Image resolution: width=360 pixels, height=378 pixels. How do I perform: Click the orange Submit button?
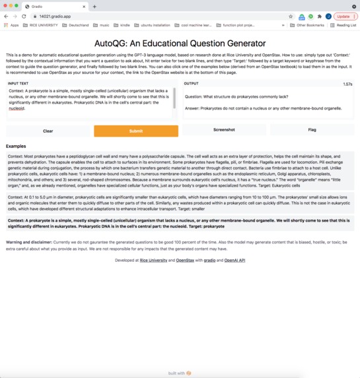135,131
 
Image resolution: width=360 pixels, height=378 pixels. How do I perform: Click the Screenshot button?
224,130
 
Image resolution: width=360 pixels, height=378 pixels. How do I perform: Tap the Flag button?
312,130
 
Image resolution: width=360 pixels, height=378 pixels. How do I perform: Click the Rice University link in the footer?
153,261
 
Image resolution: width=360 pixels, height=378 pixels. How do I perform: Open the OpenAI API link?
234,261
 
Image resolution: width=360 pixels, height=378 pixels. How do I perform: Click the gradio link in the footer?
209,261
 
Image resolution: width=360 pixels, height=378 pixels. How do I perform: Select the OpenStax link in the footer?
185,261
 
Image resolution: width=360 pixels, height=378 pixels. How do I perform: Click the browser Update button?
344,16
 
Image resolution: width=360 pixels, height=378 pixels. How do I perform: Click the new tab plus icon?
94,6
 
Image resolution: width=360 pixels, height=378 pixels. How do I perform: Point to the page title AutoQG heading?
180,42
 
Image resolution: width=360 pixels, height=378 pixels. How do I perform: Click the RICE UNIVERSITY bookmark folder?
39,25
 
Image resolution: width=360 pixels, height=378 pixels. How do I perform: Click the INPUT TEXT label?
18,84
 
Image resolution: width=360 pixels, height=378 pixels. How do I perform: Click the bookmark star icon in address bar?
291,16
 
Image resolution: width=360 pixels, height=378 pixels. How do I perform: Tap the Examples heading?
16,146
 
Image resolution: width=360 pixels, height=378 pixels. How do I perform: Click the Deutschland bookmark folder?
75,25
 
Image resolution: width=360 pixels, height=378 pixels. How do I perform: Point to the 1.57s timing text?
347,84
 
